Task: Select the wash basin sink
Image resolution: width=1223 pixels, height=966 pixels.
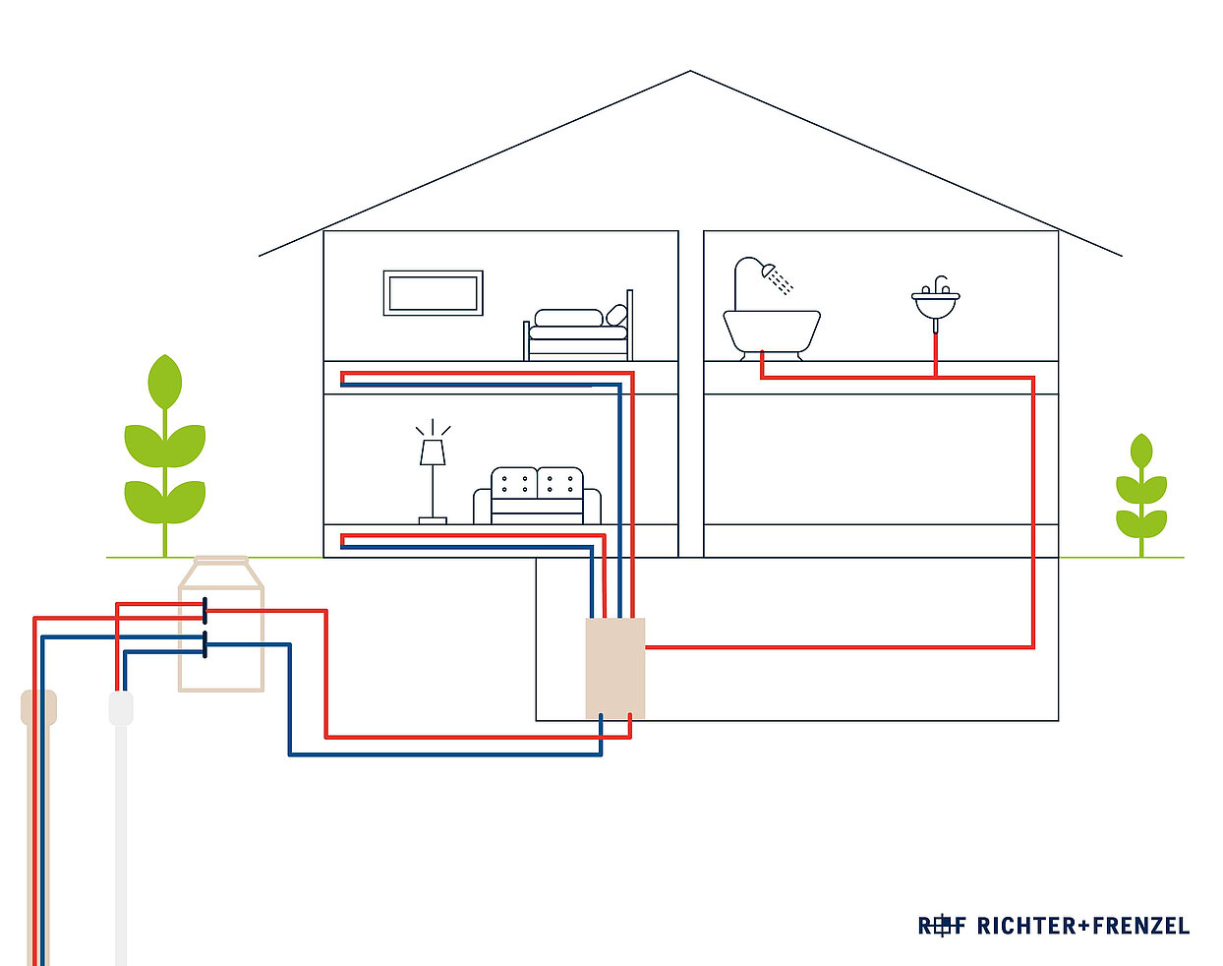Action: (x=935, y=304)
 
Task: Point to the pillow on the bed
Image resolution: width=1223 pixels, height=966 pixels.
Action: (x=616, y=315)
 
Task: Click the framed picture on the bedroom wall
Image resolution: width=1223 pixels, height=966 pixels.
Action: (x=433, y=292)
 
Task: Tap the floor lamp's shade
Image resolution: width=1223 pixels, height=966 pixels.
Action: (x=433, y=452)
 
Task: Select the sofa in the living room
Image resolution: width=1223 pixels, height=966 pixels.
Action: (x=537, y=497)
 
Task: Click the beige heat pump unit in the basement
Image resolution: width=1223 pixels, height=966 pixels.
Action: (x=615, y=668)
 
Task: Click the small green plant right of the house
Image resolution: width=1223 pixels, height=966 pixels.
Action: (x=1141, y=492)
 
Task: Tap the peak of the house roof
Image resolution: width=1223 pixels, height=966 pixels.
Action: (x=690, y=72)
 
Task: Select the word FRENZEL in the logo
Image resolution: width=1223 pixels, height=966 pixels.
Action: (x=1140, y=926)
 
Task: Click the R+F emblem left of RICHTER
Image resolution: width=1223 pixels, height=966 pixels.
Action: (x=942, y=926)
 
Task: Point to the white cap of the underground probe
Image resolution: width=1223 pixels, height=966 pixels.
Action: (x=121, y=708)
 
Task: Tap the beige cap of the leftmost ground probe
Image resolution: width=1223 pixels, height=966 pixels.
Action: (x=38, y=707)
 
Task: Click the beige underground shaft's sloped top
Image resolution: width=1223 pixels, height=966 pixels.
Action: (x=221, y=573)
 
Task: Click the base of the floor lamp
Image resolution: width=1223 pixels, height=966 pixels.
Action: (x=433, y=519)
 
